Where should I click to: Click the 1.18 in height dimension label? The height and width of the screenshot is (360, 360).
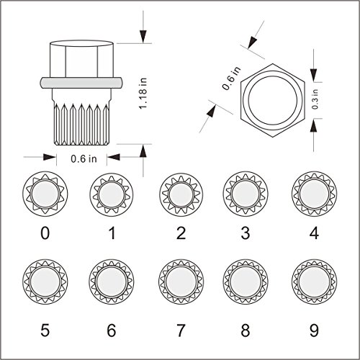click(x=143, y=93)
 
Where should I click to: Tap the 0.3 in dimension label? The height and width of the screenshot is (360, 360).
click(x=315, y=99)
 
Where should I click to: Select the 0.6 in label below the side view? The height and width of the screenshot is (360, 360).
click(x=84, y=158)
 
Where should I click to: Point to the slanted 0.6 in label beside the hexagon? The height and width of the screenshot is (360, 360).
click(x=231, y=78)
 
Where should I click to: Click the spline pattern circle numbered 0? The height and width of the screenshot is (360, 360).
click(x=45, y=193)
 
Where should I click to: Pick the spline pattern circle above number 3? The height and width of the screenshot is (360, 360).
click(x=246, y=193)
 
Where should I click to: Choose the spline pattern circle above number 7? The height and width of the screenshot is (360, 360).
click(x=181, y=281)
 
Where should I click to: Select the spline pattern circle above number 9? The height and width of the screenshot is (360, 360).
click(x=314, y=281)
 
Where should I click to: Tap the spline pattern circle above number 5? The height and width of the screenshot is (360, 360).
click(x=45, y=281)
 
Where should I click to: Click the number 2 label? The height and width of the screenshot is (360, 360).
click(x=181, y=233)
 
